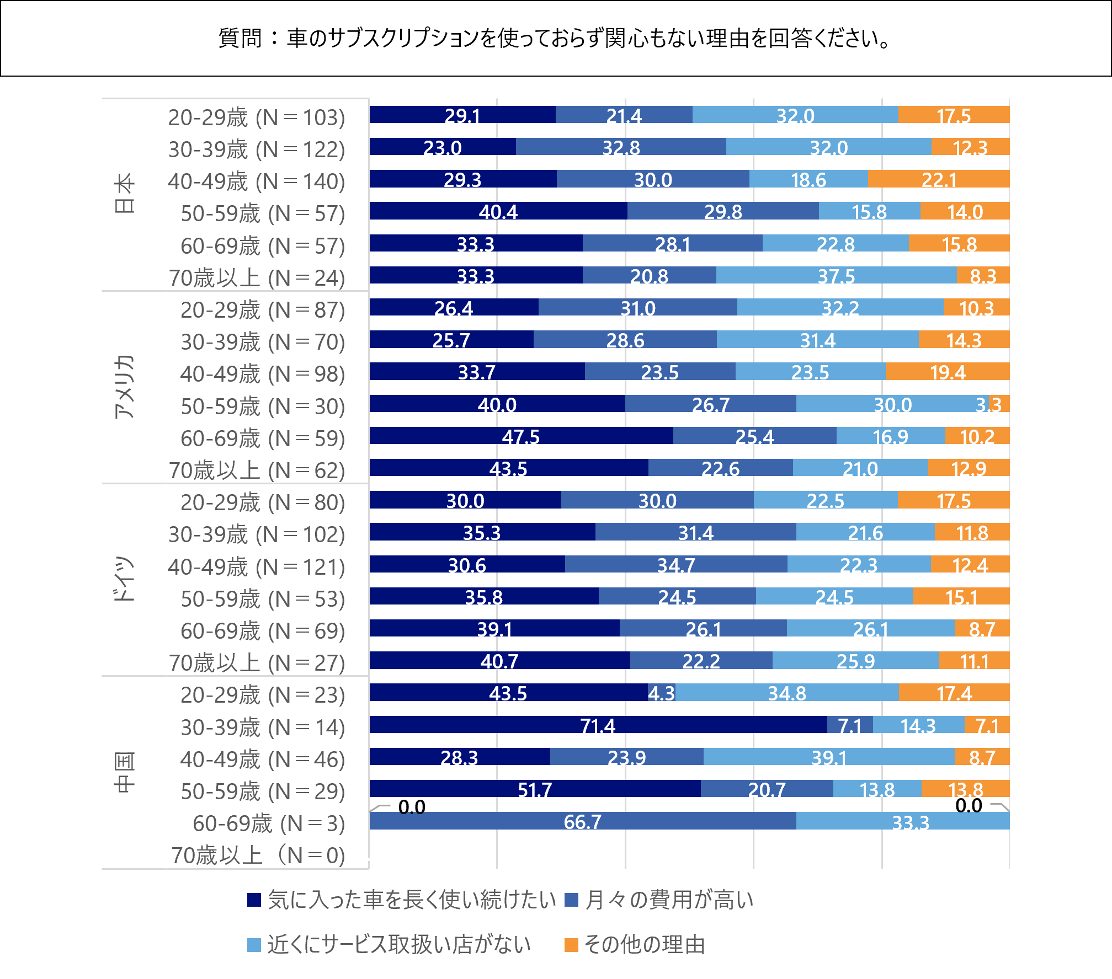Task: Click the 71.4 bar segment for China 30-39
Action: [598, 725]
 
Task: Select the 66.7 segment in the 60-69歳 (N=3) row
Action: [583, 821]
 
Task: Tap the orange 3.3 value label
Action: [988, 404]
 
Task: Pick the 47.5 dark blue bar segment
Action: [521, 436]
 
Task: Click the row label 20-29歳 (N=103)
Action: [257, 117]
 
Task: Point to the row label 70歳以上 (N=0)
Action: [258, 854]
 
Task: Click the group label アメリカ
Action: [125, 386]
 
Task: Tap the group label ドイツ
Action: [125, 579]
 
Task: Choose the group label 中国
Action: [125, 772]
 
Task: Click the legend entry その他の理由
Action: [644, 944]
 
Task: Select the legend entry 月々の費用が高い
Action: [669, 900]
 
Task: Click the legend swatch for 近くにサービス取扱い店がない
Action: [254, 945]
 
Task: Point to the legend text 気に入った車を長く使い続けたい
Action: [412, 900]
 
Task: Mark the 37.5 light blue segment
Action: [836, 275]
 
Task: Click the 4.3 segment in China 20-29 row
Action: [661, 693]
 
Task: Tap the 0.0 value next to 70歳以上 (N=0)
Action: [369, 854]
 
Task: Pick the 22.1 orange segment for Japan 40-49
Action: [939, 179]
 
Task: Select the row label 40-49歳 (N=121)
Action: [257, 566]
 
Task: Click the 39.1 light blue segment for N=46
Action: [829, 757]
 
